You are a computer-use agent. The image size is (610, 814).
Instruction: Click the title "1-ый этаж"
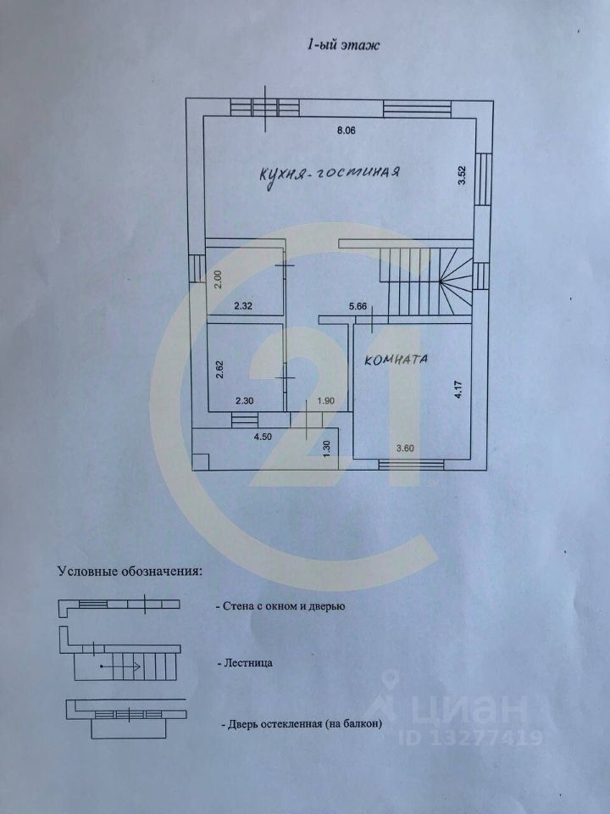tap(342, 46)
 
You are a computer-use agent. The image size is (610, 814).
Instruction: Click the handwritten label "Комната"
tap(396, 360)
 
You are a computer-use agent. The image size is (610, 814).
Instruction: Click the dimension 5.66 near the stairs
tap(357, 307)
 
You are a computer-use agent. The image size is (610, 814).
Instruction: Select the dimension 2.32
tap(245, 306)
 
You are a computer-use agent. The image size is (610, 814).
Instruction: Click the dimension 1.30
tap(327, 444)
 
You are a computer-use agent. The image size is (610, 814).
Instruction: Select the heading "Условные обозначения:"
tap(130, 571)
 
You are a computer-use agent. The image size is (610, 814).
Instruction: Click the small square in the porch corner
tap(200, 460)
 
